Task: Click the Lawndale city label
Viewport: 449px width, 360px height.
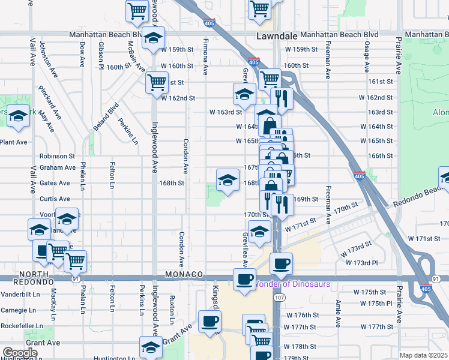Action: [276, 36]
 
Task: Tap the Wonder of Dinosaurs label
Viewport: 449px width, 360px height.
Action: [293, 284]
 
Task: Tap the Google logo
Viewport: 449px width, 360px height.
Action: [20, 353]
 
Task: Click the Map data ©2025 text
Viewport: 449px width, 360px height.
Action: [423, 355]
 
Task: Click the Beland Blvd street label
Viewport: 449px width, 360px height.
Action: [110, 118]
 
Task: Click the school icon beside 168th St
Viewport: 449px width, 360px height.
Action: [228, 179]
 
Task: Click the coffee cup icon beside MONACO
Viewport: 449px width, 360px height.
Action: [244, 280]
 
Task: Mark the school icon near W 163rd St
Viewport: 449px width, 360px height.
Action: [244, 94]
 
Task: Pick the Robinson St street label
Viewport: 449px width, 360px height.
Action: [56, 156]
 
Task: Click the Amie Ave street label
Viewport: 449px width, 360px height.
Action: [338, 313]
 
